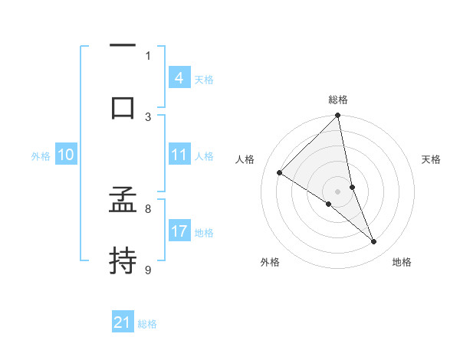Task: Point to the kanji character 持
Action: (123, 260)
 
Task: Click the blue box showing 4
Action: (179, 78)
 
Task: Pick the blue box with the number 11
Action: (179, 155)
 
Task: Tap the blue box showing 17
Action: (179, 231)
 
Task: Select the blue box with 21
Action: (123, 323)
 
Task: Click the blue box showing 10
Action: (66, 155)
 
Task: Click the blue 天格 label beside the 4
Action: (204, 80)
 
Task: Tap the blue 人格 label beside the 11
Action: (204, 156)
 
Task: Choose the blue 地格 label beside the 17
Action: (204, 233)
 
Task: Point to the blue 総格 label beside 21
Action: (147, 325)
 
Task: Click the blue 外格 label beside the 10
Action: (41, 156)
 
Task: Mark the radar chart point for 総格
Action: (337, 116)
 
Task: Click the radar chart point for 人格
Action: (280, 172)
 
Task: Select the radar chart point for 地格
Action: (374, 242)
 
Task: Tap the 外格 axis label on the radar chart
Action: (270, 262)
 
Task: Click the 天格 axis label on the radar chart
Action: (432, 159)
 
